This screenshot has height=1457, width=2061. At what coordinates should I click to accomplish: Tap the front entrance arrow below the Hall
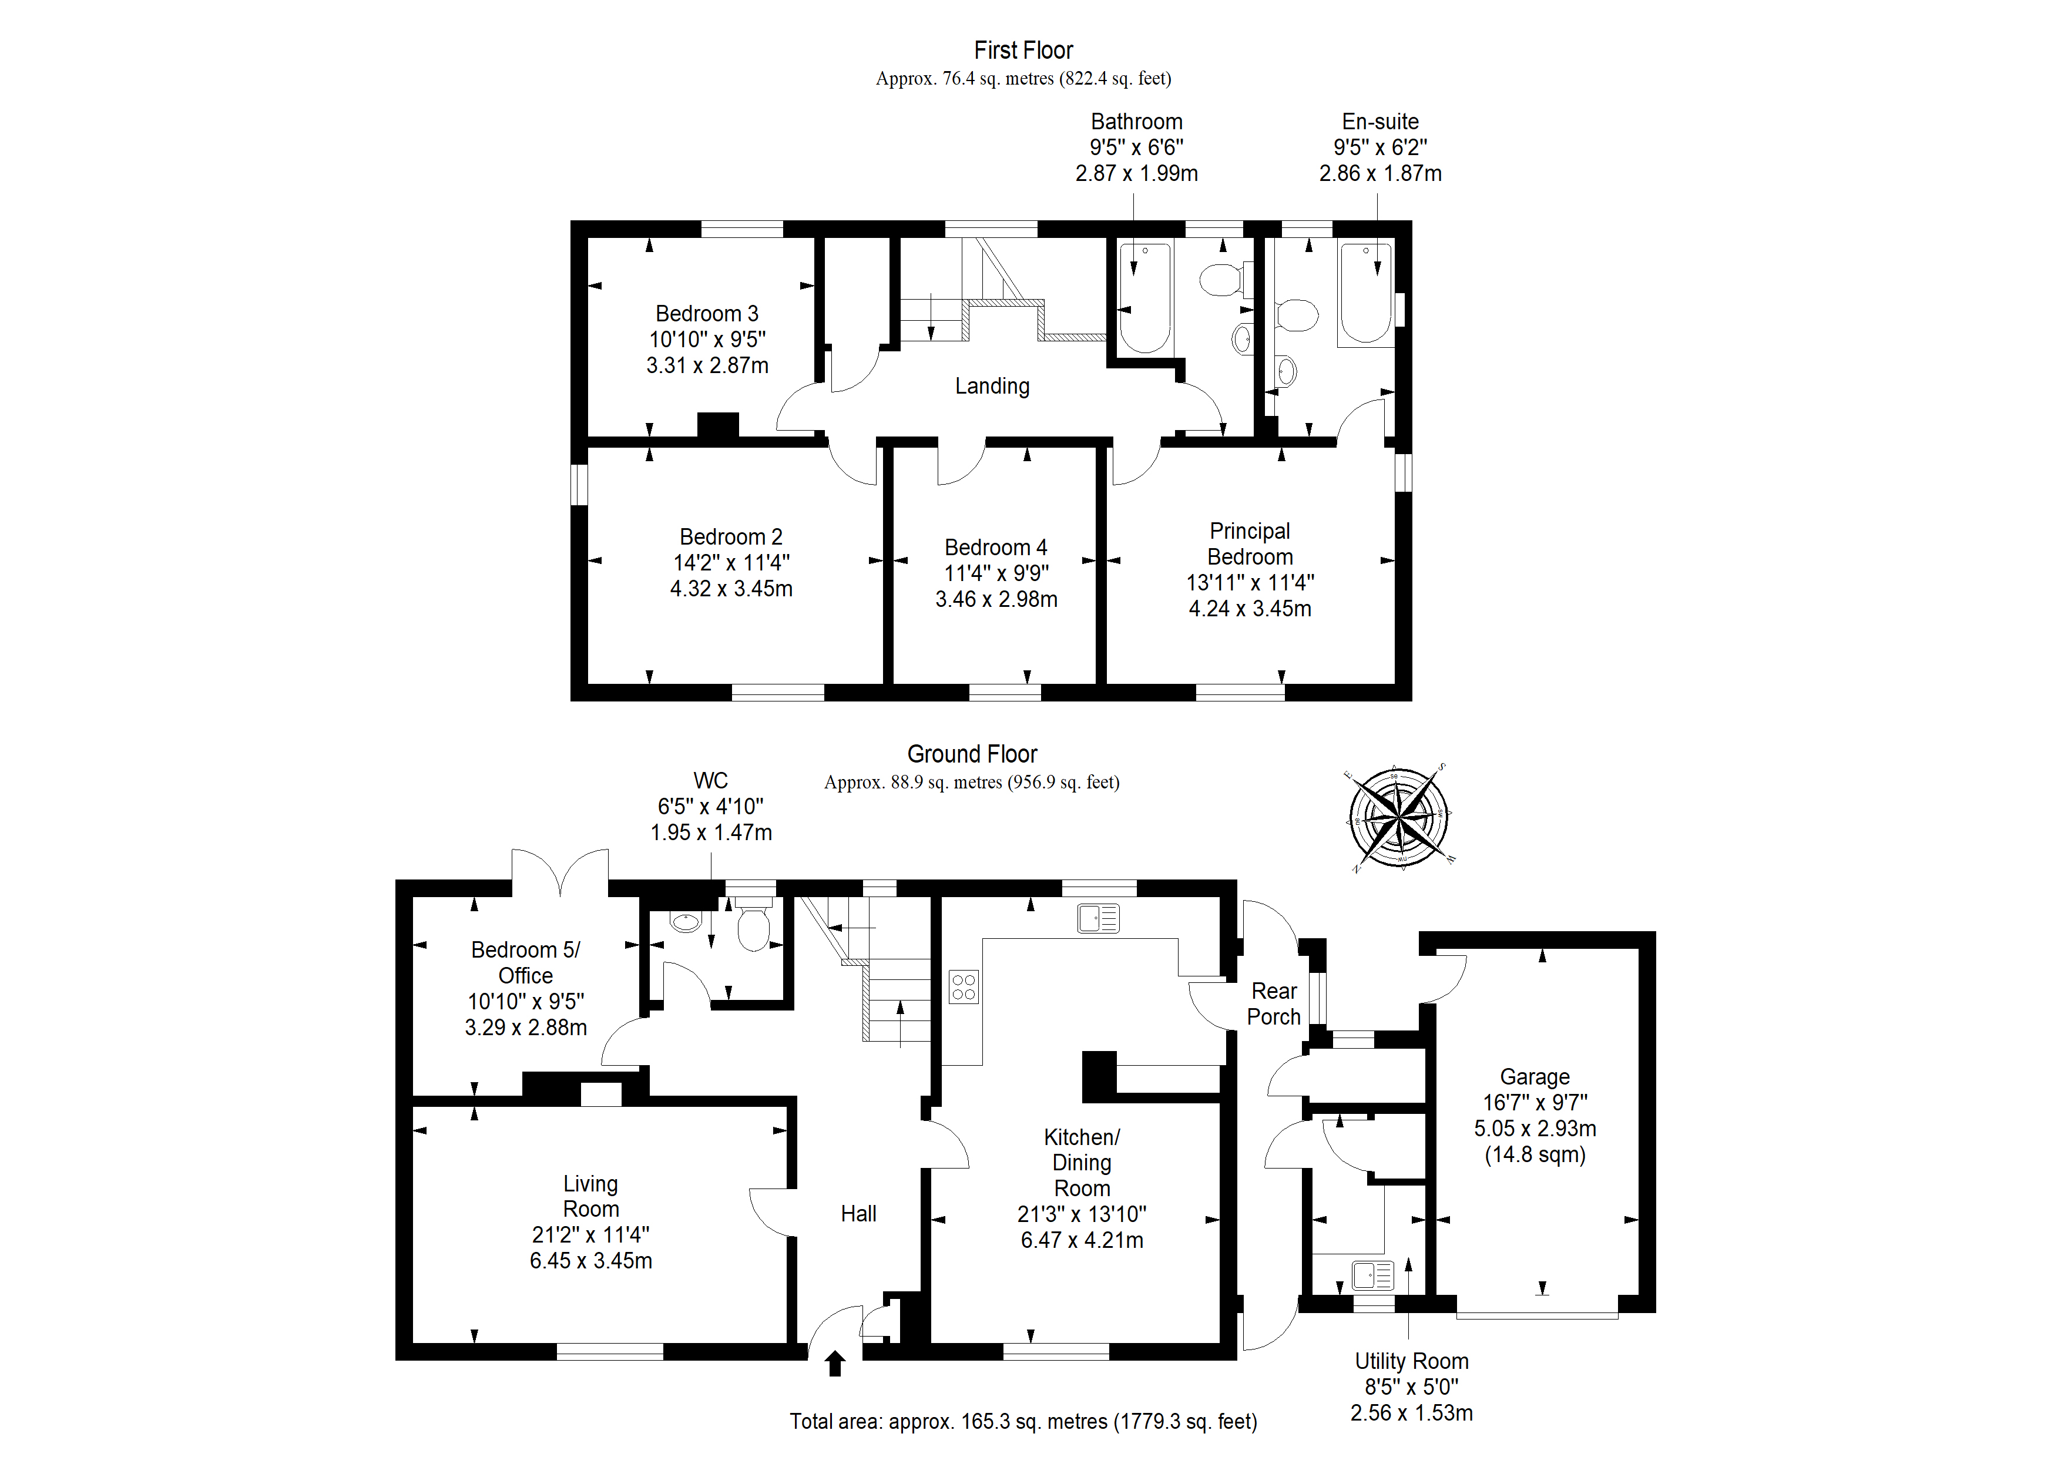click(x=835, y=1363)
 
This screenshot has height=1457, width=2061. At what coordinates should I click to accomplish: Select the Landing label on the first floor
click(x=992, y=386)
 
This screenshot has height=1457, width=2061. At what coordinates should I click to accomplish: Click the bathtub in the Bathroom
click(x=1146, y=298)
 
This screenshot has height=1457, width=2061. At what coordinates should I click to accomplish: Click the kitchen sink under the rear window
click(x=1099, y=918)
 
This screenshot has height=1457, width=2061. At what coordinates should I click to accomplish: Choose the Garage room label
click(x=1535, y=1076)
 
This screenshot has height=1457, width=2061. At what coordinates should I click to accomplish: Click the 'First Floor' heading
click(x=1023, y=51)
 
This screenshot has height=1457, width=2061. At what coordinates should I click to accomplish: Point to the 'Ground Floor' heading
click(x=972, y=754)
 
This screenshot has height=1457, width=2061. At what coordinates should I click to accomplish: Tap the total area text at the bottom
click(x=1023, y=1422)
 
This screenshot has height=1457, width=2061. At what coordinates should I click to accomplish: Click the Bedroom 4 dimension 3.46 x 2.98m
click(x=996, y=599)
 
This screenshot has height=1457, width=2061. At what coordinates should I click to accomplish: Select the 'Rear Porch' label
click(x=1274, y=1003)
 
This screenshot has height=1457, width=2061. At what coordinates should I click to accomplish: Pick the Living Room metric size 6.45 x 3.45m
click(x=590, y=1260)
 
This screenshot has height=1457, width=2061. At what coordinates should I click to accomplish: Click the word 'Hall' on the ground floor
click(x=858, y=1214)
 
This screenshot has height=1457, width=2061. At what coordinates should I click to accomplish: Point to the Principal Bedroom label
click(x=1250, y=543)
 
